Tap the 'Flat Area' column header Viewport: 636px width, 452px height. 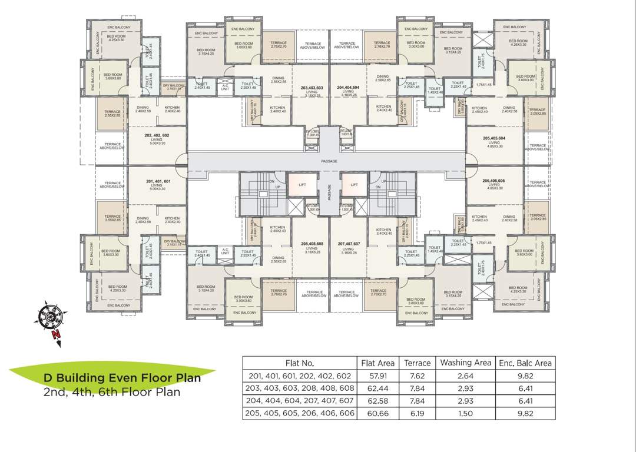click(377, 363)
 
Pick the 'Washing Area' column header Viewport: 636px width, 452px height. click(465, 363)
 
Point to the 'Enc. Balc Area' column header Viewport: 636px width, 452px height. click(525, 363)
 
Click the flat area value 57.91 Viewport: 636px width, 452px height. click(377, 376)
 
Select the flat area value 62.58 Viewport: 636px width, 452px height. click(377, 401)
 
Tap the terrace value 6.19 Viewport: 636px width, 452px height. click(417, 414)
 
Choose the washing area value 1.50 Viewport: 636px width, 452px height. click(465, 414)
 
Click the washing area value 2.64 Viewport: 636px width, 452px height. click(465, 376)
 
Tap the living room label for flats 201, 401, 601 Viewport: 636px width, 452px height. click(157, 184)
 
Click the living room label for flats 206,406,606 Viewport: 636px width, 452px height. click(493, 184)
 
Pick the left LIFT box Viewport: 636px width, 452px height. click(303, 185)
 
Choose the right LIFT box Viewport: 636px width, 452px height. click(354, 185)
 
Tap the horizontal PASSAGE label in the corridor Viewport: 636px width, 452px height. click(329, 160)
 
